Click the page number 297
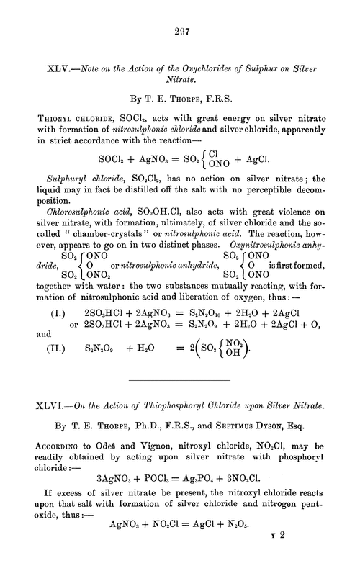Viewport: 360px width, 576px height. (x=180, y=31)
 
